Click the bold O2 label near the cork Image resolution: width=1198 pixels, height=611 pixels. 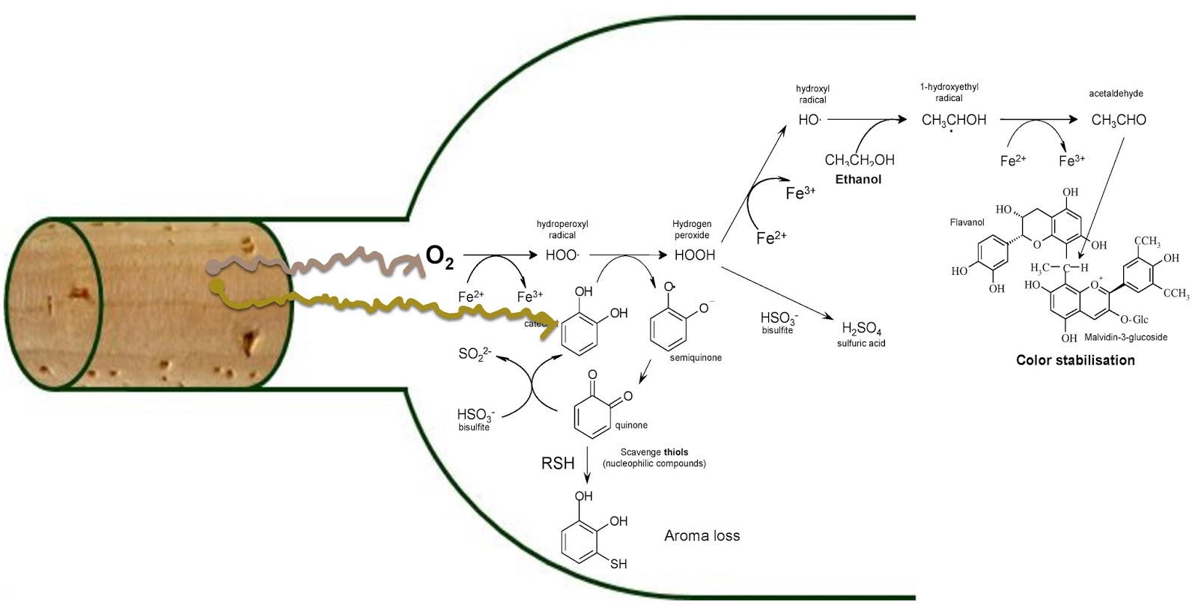pyautogui.click(x=440, y=256)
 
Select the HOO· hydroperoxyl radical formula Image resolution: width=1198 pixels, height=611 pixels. pyautogui.click(x=562, y=255)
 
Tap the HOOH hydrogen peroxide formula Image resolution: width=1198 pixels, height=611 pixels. pyautogui.click(x=694, y=255)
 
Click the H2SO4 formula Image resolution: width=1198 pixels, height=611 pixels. pyautogui.click(x=861, y=327)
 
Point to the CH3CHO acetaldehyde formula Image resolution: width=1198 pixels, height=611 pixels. pyautogui.click(x=1118, y=120)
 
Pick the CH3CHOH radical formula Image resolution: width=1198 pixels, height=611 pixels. pyautogui.click(x=953, y=120)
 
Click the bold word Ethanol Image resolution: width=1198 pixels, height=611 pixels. pyautogui.click(x=859, y=180)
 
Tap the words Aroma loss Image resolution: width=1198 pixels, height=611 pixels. pyautogui.click(x=702, y=536)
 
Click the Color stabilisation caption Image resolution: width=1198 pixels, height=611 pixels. pyautogui.click(x=1074, y=360)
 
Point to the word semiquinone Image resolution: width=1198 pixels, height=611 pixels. pyautogui.click(x=696, y=358)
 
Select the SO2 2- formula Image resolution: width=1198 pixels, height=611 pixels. pyautogui.click(x=477, y=353)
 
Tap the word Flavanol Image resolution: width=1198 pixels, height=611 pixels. pyautogui.click(x=966, y=222)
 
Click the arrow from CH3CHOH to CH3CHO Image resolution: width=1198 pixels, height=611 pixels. pyautogui.click(x=1038, y=120)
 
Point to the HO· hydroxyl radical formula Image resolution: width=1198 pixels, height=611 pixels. pyautogui.click(x=809, y=120)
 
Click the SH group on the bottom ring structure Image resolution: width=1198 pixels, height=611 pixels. pyautogui.click(x=618, y=565)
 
